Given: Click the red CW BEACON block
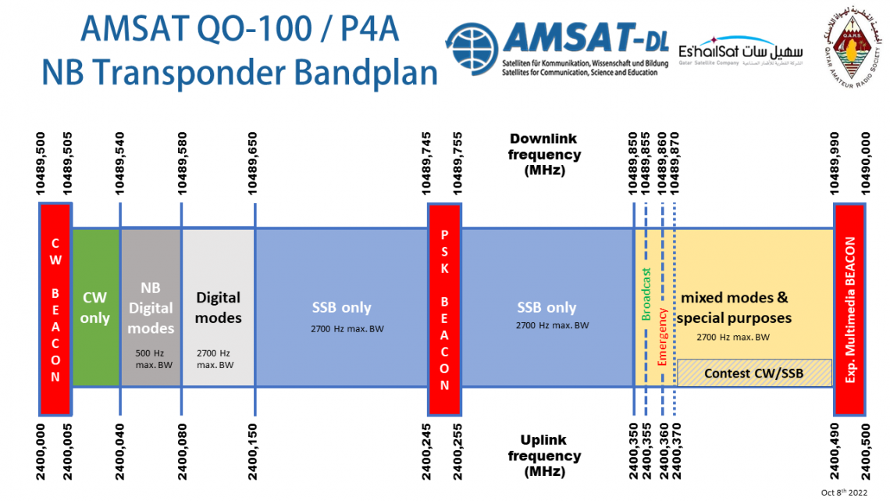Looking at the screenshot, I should (55, 308).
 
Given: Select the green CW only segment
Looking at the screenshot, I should (95, 308).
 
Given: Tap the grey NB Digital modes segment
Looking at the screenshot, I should (150, 308).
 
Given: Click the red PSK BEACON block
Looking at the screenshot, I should (444, 308).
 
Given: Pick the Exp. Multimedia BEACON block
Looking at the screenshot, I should (849, 308).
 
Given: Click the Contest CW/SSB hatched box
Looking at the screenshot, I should (753, 373).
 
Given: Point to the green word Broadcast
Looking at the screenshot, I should (646, 295).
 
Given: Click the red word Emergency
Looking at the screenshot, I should (663, 336).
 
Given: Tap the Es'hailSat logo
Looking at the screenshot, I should (730, 53).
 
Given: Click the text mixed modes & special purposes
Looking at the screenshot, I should (734, 308).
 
